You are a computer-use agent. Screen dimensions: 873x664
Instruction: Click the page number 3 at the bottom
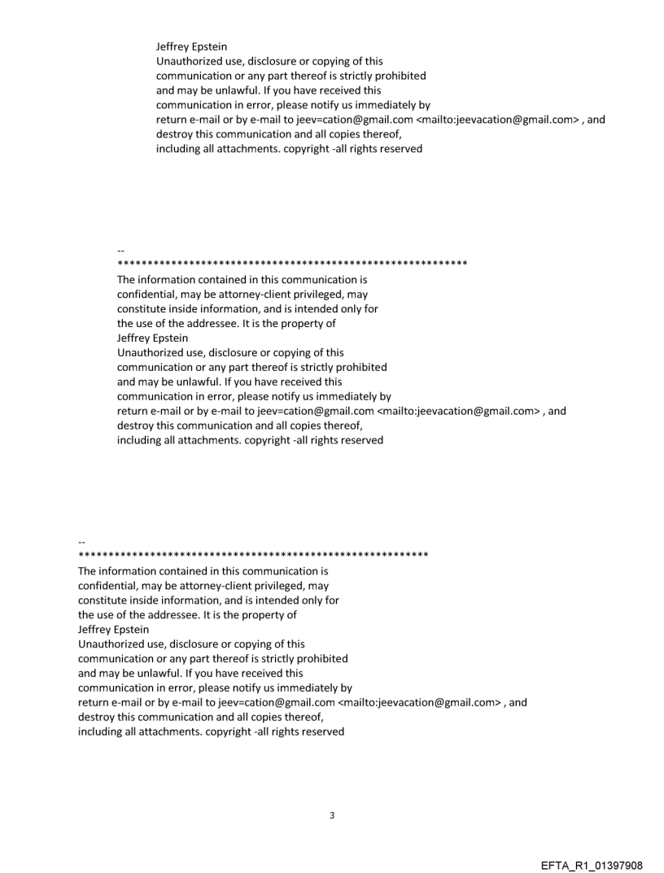(332, 815)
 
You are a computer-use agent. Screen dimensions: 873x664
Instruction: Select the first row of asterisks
(292, 265)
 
